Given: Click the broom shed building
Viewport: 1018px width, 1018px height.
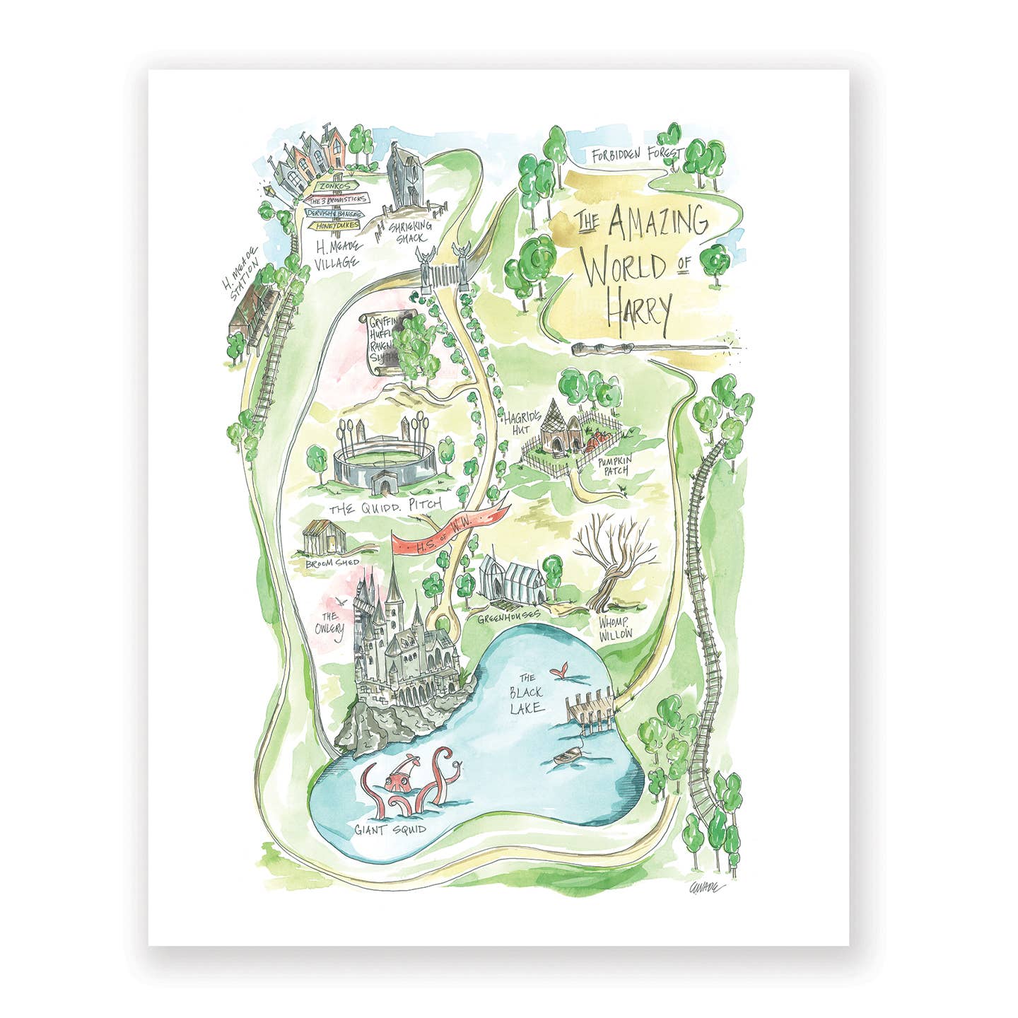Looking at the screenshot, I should pyautogui.click(x=324, y=539).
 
